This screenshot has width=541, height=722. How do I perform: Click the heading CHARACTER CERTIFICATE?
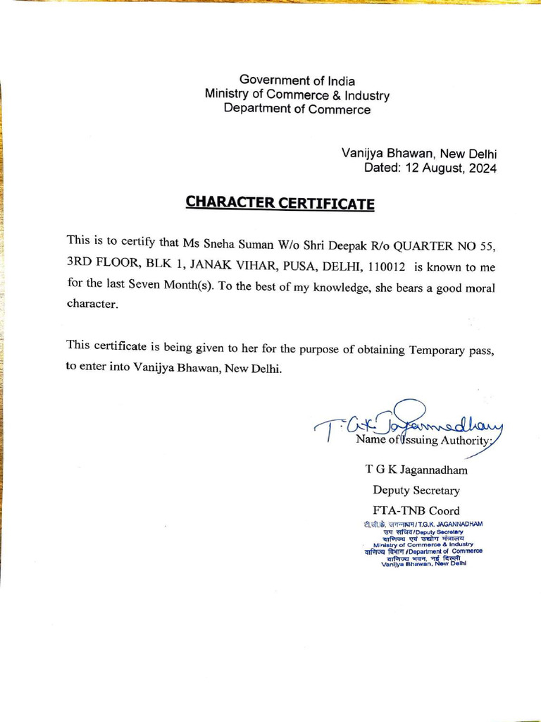click(x=280, y=203)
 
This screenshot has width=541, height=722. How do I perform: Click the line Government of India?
click(x=297, y=80)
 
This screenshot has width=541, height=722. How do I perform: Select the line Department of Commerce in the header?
click(x=297, y=109)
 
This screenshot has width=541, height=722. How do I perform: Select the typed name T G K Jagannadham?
click(x=416, y=470)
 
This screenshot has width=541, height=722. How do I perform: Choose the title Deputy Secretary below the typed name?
click(x=416, y=490)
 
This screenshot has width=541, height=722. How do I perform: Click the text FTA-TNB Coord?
click(x=416, y=510)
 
